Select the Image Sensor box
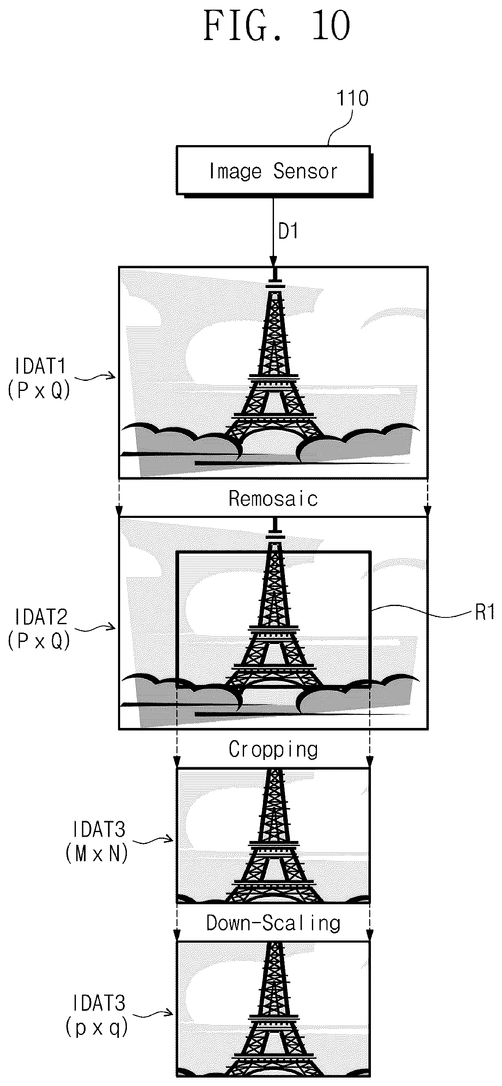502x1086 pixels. [274, 170]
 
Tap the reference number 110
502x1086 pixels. [352, 98]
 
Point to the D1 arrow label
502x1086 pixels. [288, 231]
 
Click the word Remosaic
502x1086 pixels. [273, 499]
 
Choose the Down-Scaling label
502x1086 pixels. [273, 923]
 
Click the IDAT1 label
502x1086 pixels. [40, 366]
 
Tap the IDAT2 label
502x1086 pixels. [40, 617]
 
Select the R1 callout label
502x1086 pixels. [485, 612]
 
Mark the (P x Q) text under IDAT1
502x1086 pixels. [39, 391]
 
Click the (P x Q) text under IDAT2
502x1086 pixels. [39, 641]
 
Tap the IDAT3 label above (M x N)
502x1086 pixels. [99, 830]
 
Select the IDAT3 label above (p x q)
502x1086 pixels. [99, 1004]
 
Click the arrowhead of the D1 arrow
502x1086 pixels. [273, 262]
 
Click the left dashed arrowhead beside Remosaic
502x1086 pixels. [120, 511]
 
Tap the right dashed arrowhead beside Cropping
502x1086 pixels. [370, 763]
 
